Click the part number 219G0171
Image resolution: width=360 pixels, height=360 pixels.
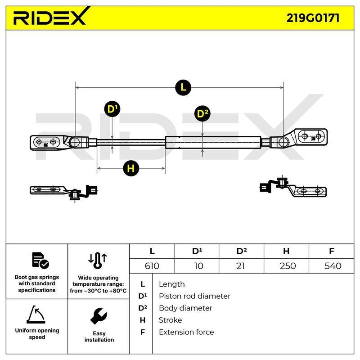pyautogui.click(x=313, y=18)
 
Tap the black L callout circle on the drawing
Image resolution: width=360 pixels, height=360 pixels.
pyautogui.click(x=183, y=87)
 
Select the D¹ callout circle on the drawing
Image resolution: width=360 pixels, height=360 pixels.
pyautogui.click(x=112, y=109)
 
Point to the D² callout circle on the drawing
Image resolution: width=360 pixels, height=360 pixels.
pyautogui.click(x=202, y=113)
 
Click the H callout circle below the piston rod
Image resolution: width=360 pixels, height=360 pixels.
pyautogui.click(x=131, y=168)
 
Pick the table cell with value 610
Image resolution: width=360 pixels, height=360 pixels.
pyautogui.click(x=152, y=266)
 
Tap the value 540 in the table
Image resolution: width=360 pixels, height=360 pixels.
pyautogui.click(x=333, y=266)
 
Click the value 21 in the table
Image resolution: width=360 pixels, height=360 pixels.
pyautogui.click(x=240, y=266)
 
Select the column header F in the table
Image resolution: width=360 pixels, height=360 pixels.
pyautogui.click(x=331, y=251)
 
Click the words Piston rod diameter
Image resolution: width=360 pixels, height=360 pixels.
pyautogui.click(x=194, y=296)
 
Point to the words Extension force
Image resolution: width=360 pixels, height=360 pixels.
pyautogui.click(x=186, y=332)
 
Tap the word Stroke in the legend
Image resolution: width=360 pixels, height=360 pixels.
pyautogui.click(x=171, y=320)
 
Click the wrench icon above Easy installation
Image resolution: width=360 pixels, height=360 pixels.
pyautogui.click(x=99, y=316)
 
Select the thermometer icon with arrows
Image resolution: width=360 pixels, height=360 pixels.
pyautogui.click(x=98, y=261)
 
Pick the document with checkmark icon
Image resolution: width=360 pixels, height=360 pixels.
pyautogui.click(x=40, y=261)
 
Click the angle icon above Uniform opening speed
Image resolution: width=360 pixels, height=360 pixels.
pyautogui.click(x=36, y=314)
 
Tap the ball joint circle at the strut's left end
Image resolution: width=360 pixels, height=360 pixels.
pyautogui.click(x=74, y=142)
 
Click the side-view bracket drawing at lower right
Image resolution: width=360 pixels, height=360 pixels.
pyautogui.click(x=293, y=187)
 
